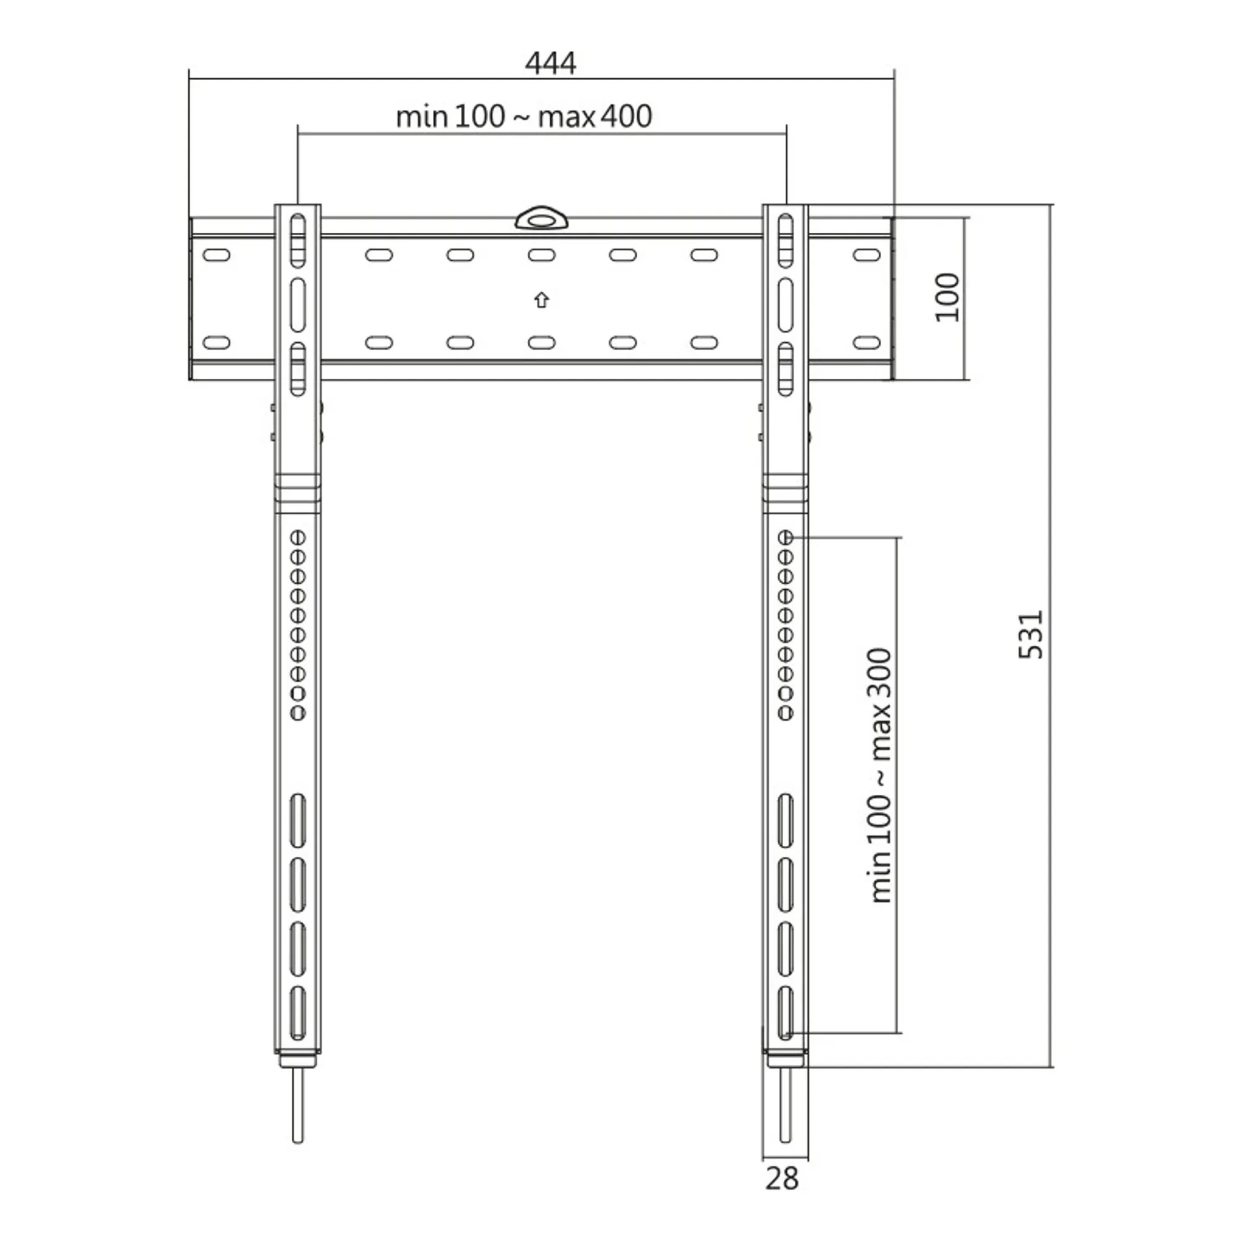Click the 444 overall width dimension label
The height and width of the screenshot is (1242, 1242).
[x=550, y=63]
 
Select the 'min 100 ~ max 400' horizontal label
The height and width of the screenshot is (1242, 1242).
[x=524, y=116]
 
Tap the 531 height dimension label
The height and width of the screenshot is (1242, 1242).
[x=1030, y=635]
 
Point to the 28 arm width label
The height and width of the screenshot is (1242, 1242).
[x=782, y=1179]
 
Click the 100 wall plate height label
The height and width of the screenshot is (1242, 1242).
[x=947, y=297]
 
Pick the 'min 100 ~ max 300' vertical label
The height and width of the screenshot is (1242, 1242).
[x=880, y=776]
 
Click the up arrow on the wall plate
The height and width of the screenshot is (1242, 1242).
[x=542, y=299]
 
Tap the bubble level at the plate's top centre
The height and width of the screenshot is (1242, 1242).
[x=542, y=218]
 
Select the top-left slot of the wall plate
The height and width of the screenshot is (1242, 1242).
[x=216, y=255]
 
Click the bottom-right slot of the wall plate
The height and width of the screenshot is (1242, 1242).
[x=866, y=343]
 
